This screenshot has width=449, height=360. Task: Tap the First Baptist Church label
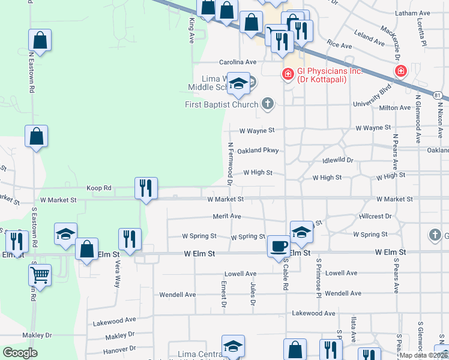point(221,105)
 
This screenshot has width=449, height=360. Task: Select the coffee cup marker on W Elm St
point(278,247)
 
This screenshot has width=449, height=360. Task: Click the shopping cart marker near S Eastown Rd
point(40,276)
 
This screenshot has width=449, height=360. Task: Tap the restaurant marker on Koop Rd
point(146,188)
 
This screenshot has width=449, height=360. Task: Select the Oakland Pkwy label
point(258,151)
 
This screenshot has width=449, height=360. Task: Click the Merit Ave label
point(227,216)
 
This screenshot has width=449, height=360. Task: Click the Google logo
point(20,353)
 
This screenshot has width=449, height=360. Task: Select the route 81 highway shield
point(438,95)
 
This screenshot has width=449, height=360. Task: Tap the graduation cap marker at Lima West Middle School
point(238,84)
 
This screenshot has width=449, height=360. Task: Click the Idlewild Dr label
point(338,160)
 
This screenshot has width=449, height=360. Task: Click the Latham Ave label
point(413,13)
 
